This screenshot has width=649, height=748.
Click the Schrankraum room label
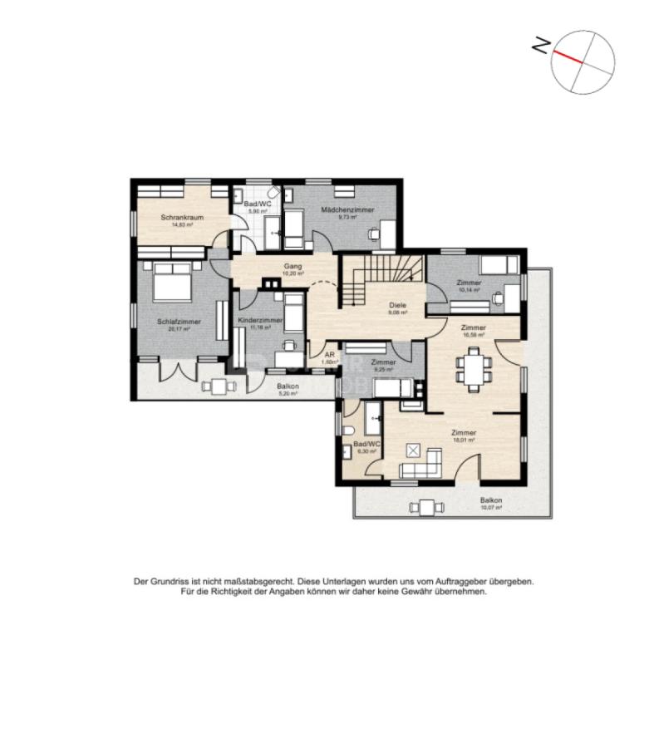point(183,218)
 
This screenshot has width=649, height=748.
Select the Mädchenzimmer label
point(348,210)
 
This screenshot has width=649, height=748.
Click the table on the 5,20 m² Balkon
point(219,385)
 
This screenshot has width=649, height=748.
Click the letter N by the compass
point(540,47)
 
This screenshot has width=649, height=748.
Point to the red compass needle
point(569,56)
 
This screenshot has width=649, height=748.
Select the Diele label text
point(398,306)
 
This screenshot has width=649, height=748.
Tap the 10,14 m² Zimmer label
point(469,284)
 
